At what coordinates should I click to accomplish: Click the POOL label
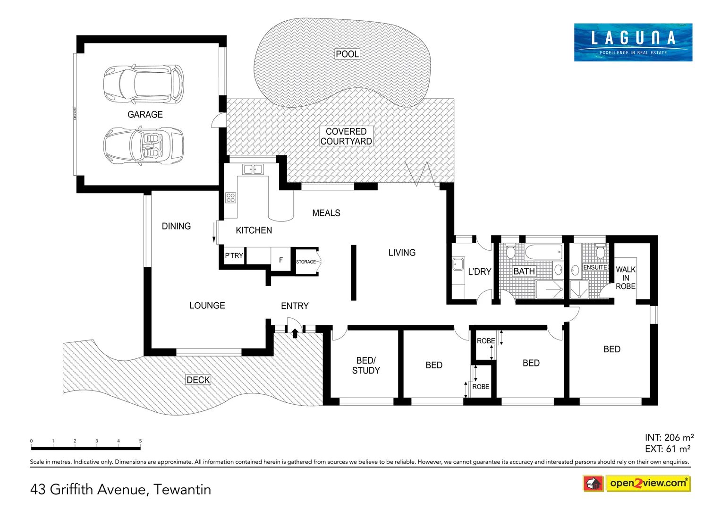pos(347,54)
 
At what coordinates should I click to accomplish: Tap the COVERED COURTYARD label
pos(346,136)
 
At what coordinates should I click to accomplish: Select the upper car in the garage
pos(144,84)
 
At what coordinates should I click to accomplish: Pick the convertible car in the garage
pos(144,145)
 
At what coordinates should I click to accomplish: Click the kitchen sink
pos(253,169)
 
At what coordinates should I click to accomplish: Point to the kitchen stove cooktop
pos(230,198)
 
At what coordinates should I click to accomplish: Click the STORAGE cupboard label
pos(306,262)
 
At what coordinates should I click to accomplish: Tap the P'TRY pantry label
pos(234,255)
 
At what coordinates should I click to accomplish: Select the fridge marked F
pos(281,260)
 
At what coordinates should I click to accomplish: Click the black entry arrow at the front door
pos(295,333)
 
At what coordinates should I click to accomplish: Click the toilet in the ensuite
pos(600,252)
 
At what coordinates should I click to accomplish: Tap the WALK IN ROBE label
pos(625,278)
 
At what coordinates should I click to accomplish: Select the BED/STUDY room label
pos(365,365)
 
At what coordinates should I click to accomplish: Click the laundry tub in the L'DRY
pos(458,264)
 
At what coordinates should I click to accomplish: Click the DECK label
pos(198,380)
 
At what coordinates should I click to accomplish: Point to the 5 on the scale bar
pos(140,441)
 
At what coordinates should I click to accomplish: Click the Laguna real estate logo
pos(633,42)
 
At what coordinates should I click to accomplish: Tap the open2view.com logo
pos(647,483)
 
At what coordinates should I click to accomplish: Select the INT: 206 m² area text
pos(669,438)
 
